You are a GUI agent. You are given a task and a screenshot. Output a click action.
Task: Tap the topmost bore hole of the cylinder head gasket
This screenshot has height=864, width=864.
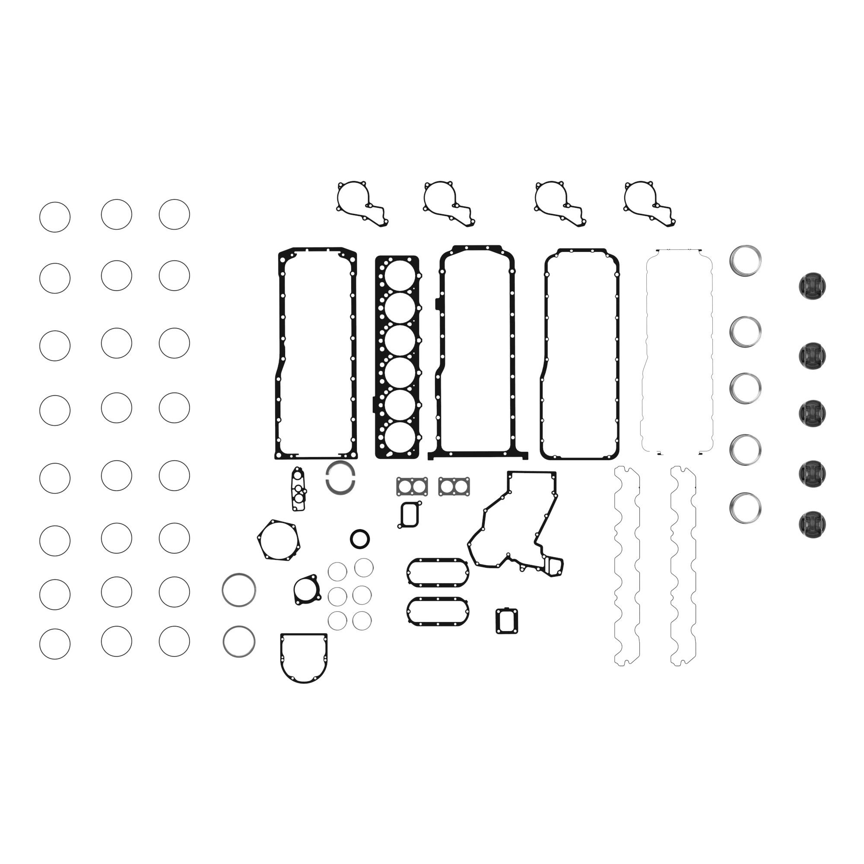point(399,274)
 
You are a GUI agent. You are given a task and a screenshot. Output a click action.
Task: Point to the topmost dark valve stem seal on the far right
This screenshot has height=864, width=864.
point(812,287)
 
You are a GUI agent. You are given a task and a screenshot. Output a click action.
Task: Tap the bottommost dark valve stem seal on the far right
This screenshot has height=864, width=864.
point(812,524)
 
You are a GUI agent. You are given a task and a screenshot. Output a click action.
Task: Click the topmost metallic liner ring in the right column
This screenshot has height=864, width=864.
point(746,260)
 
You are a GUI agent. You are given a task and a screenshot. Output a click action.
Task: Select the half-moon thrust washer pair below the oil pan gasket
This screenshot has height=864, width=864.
point(340,478)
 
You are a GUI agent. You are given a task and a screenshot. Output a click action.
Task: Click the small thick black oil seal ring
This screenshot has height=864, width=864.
point(359,539)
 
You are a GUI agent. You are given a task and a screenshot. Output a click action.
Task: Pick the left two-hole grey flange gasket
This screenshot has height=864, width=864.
point(412,486)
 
